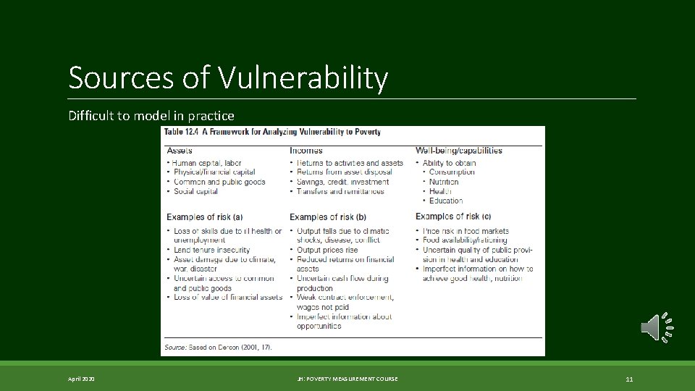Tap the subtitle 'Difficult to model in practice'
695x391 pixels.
coord(151,115)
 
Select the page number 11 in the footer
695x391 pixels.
coord(629,379)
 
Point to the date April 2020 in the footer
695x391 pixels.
coord(82,379)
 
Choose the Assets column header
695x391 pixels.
coord(180,151)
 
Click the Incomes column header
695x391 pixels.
coord(306,151)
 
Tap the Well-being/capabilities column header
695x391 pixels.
coord(458,151)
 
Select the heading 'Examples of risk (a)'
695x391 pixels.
coord(205,216)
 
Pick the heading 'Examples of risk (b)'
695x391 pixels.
coord(328,216)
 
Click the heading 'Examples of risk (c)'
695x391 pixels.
coord(453,216)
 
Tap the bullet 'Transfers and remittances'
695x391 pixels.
coord(340,192)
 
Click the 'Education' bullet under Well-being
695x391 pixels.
coord(446,201)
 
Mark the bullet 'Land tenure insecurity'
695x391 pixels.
coord(211,250)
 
